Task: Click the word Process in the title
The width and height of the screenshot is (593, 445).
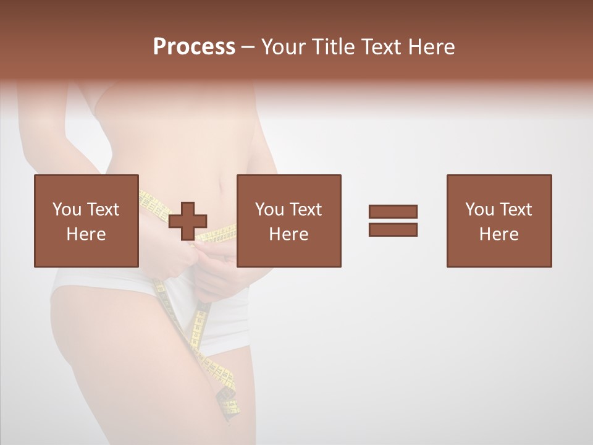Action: click(x=194, y=47)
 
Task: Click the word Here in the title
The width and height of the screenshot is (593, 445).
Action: click(x=431, y=47)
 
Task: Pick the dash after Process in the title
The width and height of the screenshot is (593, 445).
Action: click(x=248, y=48)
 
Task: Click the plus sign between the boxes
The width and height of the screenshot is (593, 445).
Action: click(x=188, y=221)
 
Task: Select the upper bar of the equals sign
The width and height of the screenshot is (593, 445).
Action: click(x=393, y=211)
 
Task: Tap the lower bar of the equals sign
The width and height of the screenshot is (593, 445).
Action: click(x=393, y=229)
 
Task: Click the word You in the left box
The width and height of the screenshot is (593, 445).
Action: click(x=66, y=209)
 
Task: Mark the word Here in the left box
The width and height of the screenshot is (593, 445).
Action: click(x=86, y=234)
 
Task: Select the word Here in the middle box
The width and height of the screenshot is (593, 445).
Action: click(x=288, y=234)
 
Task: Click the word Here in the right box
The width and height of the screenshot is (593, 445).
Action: click(x=498, y=234)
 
